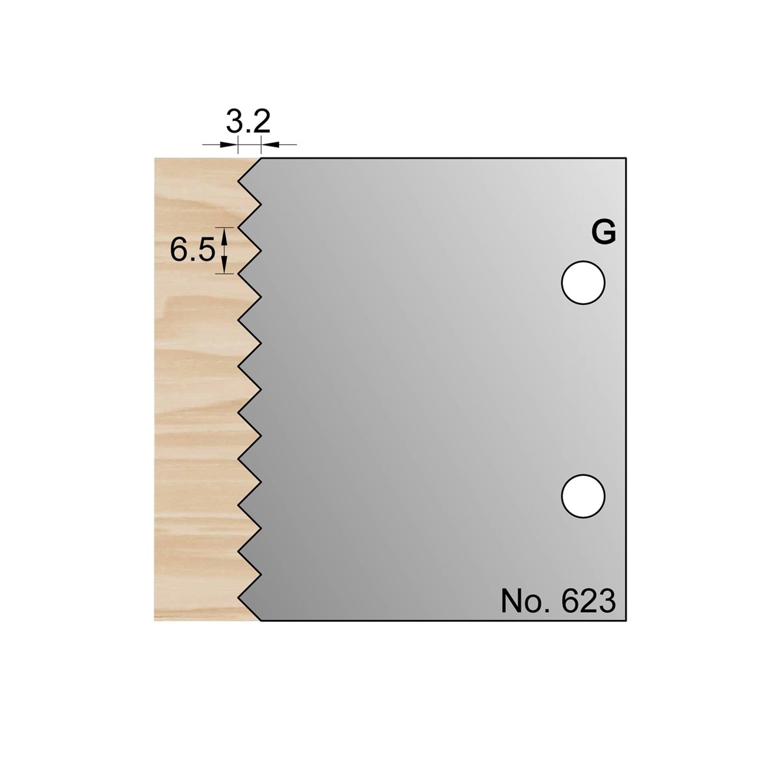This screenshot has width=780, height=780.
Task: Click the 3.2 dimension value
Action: (248, 122)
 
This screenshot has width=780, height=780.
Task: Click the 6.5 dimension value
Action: (192, 250)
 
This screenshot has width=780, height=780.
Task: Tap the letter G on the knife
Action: (603, 233)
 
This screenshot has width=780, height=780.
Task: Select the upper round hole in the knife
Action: (583, 283)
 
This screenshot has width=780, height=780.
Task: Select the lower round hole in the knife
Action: (583, 496)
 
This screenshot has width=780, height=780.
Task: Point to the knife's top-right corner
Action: (626, 158)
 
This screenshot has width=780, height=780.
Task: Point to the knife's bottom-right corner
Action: (626, 632)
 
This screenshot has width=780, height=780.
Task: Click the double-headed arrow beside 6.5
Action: (224, 250)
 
